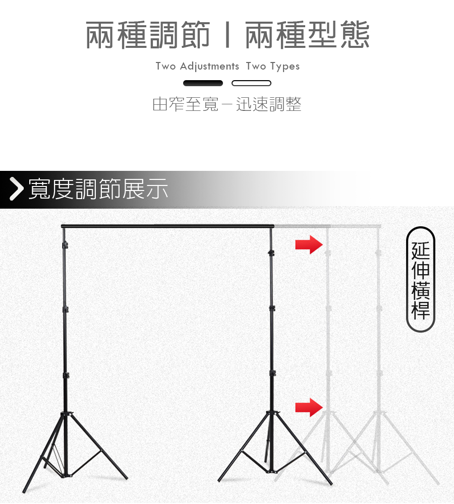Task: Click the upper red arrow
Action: (x=309, y=244)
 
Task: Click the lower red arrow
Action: (x=309, y=407)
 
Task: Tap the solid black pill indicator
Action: (x=203, y=83)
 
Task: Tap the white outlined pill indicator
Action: (x=251, y=83)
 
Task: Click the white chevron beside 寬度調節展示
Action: (x=17, y=189)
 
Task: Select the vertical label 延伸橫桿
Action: (x=420, y=280)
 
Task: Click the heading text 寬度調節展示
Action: (x=98, y=189)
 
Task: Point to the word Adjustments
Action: (x=209, y=66)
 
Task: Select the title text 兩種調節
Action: (x=148, y=35)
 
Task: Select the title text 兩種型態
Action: (x=307, y=35)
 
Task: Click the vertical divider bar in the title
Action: (x=228, y=35)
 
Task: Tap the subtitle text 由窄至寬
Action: (x=185, y=104)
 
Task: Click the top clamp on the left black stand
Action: (x=65, y=245)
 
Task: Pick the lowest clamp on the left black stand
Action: (x=66, y=375)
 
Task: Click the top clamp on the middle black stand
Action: (x=271, y=253)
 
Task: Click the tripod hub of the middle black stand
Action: (x=272, y=414)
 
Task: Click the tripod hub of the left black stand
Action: (x=66, y=415)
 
